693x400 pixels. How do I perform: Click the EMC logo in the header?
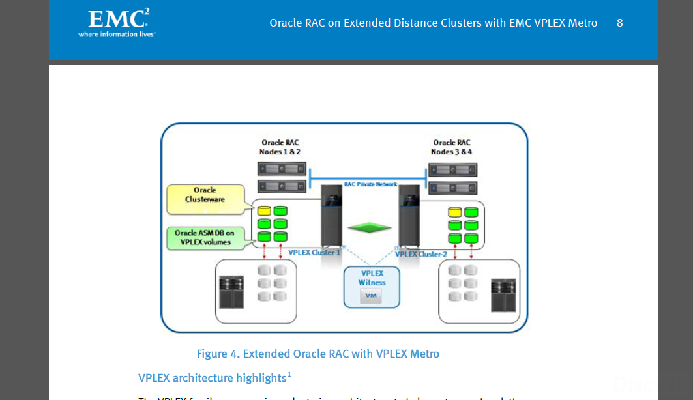pos(117,23)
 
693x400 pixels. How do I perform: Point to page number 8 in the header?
pos(619,23)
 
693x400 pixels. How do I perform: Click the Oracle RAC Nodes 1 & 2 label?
pos(280,147)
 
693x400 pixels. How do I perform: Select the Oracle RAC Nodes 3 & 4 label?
pos(451,147)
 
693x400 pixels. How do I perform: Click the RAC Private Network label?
pos(370,184)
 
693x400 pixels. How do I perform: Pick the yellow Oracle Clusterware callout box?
pos(205,199)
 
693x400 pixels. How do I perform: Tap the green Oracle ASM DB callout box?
pos(204,237)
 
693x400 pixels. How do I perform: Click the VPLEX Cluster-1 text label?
pos(314,252)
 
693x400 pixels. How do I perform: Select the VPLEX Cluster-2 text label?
pos(421,254)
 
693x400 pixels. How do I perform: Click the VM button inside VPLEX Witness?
pos(371,296)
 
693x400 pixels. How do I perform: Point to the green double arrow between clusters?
pos(370,227)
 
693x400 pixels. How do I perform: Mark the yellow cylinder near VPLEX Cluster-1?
pos(263,211)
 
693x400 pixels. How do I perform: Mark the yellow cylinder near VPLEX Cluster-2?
pos(454,212)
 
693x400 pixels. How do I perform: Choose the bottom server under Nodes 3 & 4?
pos(452,188)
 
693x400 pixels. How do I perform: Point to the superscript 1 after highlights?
pos(289,374)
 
